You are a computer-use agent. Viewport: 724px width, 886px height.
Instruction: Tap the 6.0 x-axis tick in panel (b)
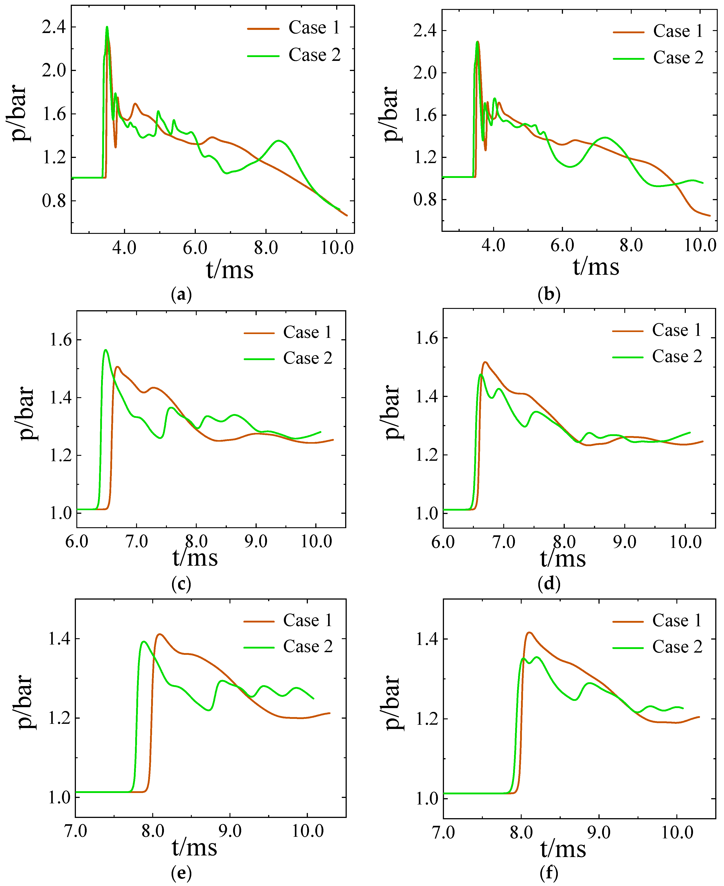click(562, 245)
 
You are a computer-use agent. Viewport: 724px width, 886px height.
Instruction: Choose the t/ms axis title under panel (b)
click(596, 267)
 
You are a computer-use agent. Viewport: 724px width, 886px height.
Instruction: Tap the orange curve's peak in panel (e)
click(160, 634)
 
